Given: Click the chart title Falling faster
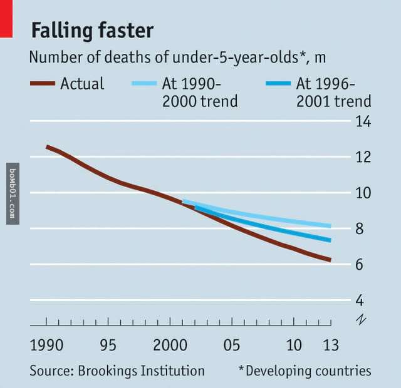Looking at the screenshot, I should coord(92,31).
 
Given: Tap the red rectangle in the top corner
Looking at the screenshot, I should coord(6,17).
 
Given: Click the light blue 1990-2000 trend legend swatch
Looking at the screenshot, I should coord(145,83).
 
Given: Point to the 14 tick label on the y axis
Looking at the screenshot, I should coord(363,121).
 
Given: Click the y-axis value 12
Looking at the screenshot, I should coord(363,157).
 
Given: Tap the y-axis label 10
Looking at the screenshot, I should coord(363,193).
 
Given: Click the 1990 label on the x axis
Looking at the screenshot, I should coord(46,345).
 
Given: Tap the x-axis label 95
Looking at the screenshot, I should coord(108,345).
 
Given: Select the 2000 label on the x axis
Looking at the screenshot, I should coord(170,345).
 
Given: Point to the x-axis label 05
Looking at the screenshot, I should coord(232,345).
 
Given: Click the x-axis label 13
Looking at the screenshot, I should coord(330,345).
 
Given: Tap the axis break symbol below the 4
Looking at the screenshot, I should coord(360,319).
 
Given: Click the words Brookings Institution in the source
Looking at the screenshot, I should coord(141,371).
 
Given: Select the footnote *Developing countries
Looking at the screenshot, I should coord(305,371).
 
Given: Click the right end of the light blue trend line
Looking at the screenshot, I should coord(330,225).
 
